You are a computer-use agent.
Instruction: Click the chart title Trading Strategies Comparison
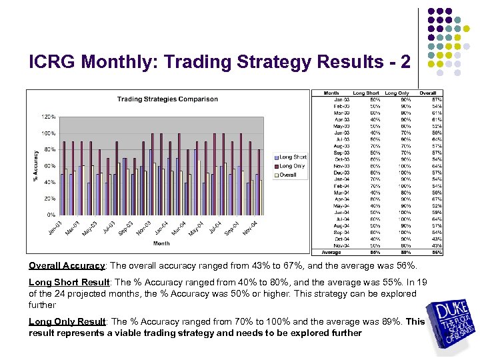point(167,99)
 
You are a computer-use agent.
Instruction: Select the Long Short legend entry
point(293,157)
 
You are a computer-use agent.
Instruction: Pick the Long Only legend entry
point(292,166)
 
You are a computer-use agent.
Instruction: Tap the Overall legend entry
point(288,175)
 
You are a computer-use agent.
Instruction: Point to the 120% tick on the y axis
point(49,117)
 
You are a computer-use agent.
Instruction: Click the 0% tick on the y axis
point(51,215)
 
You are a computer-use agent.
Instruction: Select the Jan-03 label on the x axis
point(56,227)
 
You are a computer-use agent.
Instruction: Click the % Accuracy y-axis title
point(35,165)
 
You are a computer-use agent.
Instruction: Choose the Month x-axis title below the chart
point(162,243)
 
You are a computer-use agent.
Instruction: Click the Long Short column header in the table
point(366,93)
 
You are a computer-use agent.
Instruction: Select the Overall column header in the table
point(427,93)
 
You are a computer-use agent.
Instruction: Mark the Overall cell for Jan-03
point(437,99)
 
